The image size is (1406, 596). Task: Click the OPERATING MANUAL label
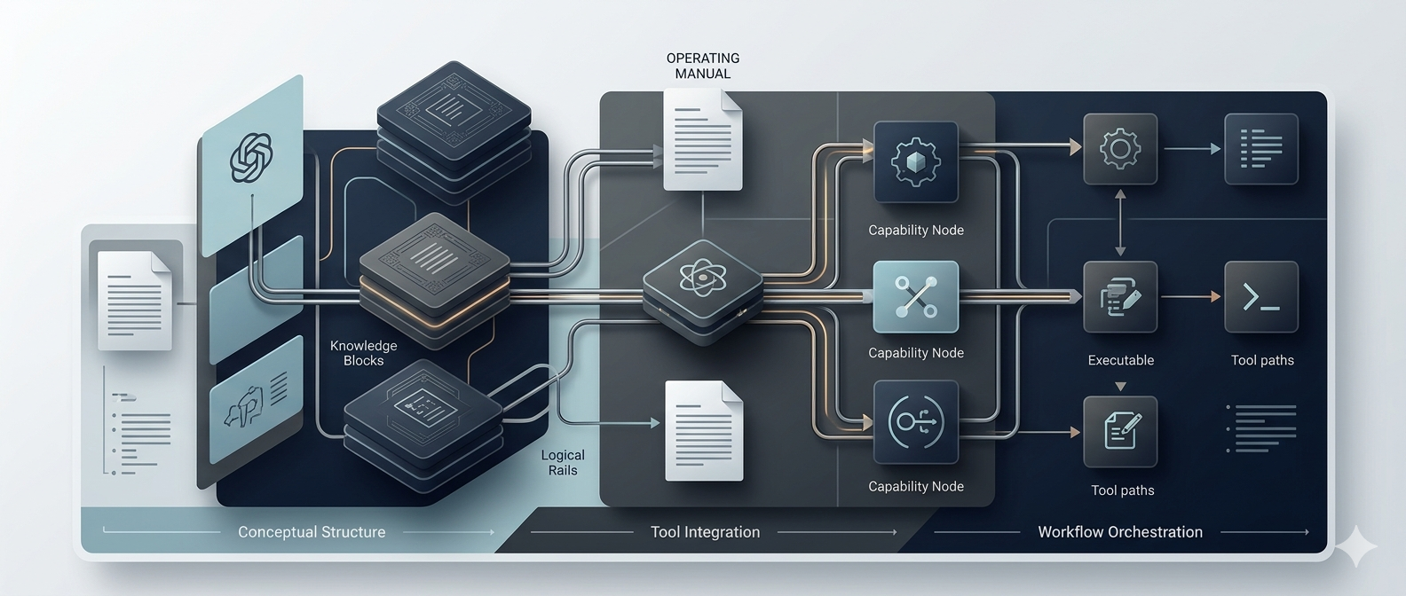(x=703, y=66)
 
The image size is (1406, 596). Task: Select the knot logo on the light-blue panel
(x=251, y=158)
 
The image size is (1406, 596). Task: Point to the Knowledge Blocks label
(x=363, y=353)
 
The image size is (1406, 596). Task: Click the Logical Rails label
(x=563, y=463)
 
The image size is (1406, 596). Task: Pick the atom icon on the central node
(x=702, y=279)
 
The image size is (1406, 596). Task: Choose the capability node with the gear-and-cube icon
(x=916, y=163)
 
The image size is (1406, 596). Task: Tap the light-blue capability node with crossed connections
(x=916, y=297)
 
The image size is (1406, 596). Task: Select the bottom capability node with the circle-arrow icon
(x=916, y=422)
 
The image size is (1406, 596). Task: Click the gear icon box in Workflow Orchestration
(x=1120, y=149)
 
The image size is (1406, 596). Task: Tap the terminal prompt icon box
(x=1261, y=297)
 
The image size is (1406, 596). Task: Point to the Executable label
(x=1121, y=360)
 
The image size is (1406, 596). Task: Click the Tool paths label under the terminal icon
(x=1262, y=360)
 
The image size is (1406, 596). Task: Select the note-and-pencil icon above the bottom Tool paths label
(x=1121, y=432)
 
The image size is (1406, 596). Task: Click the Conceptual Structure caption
(x=312, y=532)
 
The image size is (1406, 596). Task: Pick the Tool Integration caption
(x=705, y=532)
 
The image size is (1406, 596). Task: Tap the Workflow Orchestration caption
(x=1120, y=532)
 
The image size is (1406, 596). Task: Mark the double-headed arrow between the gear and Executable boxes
(x=1120, y=223)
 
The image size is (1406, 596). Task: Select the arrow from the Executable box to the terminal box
(x=1191, y=297)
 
